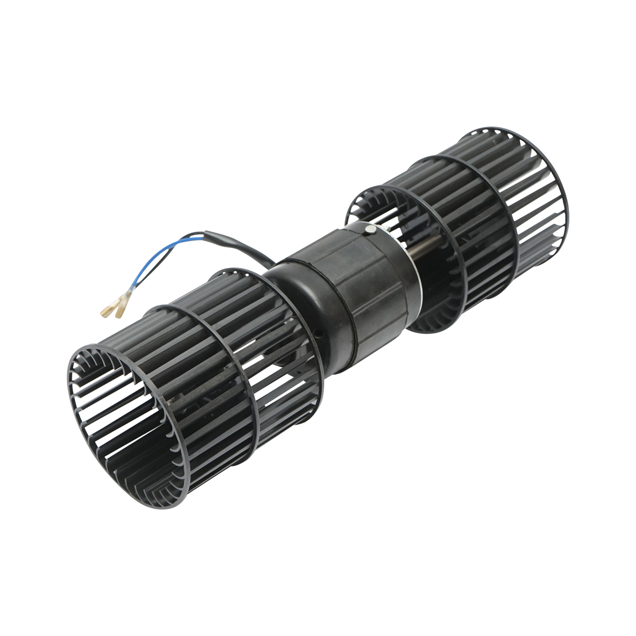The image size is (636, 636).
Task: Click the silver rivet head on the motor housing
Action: click(370, 228)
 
